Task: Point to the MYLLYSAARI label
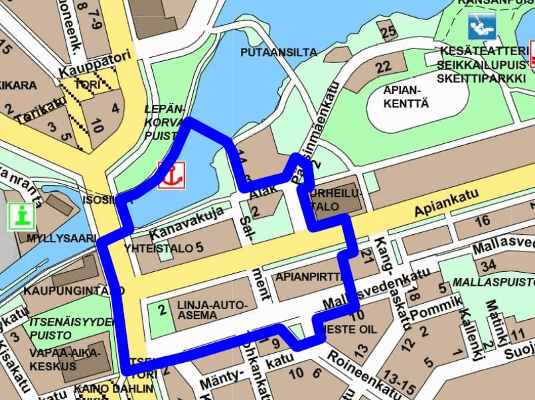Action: tap(57, 238)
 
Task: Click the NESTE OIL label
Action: tap(351, 328)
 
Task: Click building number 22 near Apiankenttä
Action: tap(383, 67)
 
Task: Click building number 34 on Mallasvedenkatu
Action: tap(489, 267)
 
